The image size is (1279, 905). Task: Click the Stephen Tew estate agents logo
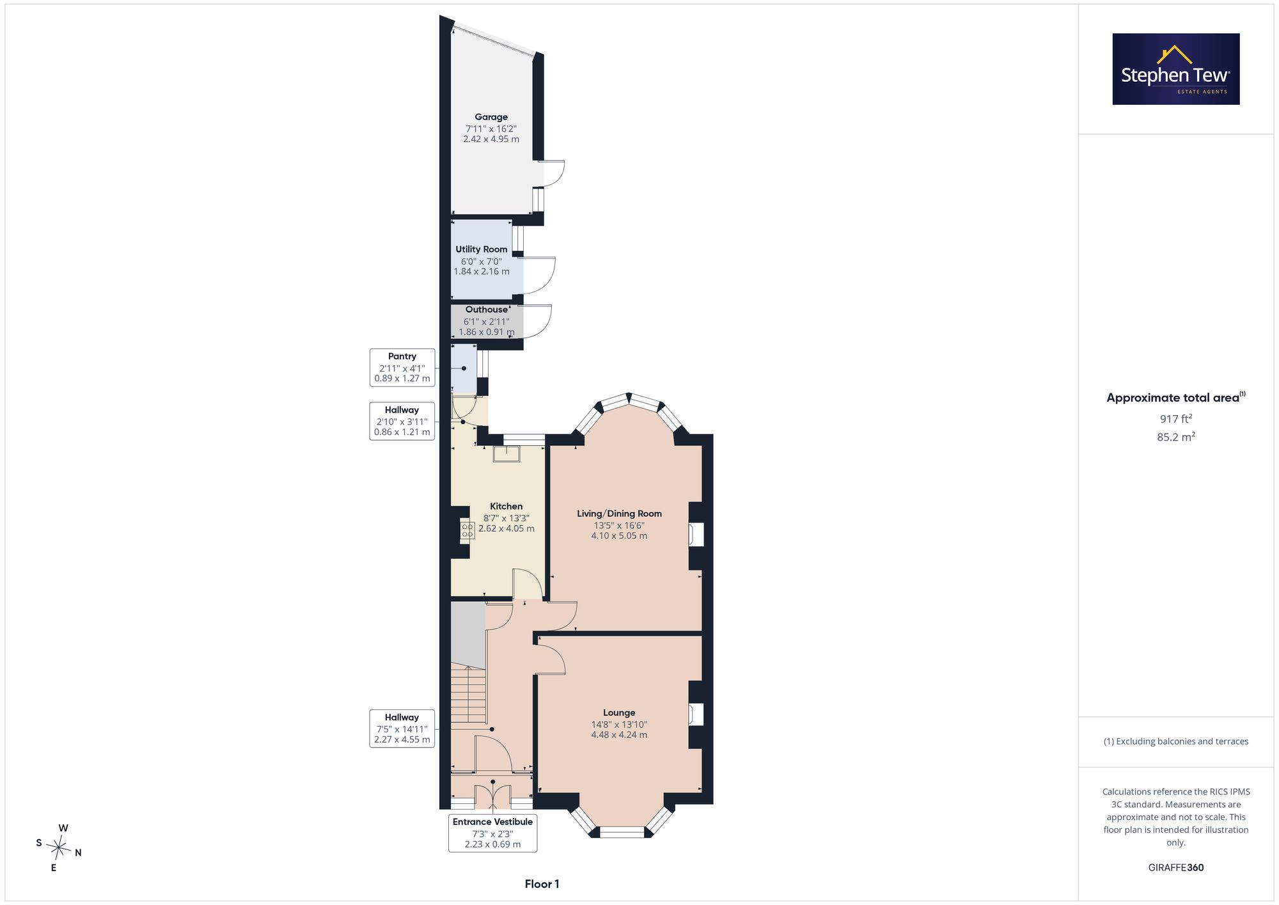pos(1176,69)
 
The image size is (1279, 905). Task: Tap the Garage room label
pos(491,117)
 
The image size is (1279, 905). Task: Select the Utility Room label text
pos(482,249)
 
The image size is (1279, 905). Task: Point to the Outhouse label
pos(487,310)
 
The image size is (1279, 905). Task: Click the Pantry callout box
pos(402,367)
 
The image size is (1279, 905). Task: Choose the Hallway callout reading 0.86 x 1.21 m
pos(402,421)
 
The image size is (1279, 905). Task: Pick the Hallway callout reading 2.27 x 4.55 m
pos(402,728)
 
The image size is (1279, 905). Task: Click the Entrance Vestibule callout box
pos(492,833)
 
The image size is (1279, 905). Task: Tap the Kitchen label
pos(506,507)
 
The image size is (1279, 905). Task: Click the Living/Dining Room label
pos(619,514)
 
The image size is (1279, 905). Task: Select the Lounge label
pos(619,712)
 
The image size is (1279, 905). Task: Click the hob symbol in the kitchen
pos(467,530)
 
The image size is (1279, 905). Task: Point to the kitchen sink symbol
pos(506,453)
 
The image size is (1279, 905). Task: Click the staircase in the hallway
pos(469,694)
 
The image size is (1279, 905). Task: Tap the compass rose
pos(59,848)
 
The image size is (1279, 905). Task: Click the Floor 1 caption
pos(542,885)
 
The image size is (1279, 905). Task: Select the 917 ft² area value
pos(1176,419)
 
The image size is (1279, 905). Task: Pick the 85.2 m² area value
pos(1176,437)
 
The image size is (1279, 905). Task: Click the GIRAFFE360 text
pos(1176,868)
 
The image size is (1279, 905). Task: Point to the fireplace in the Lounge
pos(696,714)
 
